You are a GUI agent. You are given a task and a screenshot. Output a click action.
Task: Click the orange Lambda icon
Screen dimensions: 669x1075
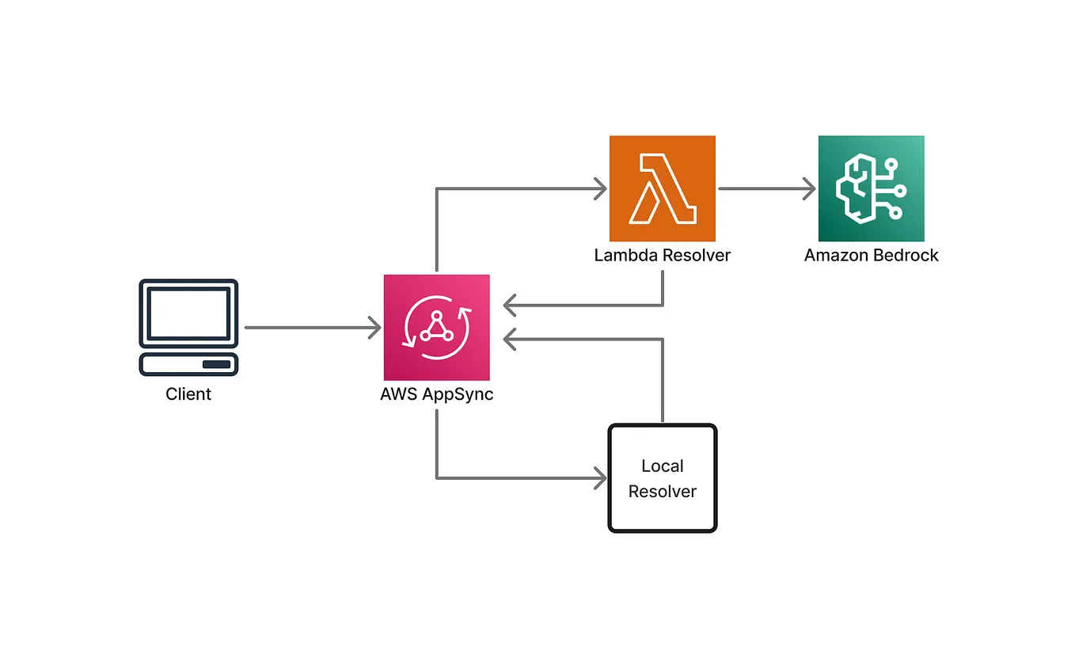click(662, 188)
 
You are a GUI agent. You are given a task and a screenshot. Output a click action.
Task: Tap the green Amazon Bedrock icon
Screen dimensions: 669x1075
click(871, 188)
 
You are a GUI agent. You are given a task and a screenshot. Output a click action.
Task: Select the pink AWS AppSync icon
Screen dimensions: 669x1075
click(436, 327)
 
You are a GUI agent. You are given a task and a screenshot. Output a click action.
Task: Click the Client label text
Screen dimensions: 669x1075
click(188, 393)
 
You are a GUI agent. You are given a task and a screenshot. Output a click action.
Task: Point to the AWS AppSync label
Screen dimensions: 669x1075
click(436, 394)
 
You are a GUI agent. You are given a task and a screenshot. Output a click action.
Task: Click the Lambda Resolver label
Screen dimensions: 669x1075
click(662, 256)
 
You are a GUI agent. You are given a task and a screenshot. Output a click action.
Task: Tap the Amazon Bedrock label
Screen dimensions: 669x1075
click(871, 256)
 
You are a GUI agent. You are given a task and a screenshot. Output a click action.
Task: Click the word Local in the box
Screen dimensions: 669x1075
click(662, 466)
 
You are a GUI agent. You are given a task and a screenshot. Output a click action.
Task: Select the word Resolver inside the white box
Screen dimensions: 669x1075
click(662, 492)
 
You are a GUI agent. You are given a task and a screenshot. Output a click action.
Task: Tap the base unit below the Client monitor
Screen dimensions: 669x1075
click(189, 364)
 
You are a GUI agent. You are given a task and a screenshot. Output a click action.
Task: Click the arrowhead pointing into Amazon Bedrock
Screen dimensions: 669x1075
click(810, 189)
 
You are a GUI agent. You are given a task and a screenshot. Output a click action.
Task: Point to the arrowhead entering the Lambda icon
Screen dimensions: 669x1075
click(601, 189)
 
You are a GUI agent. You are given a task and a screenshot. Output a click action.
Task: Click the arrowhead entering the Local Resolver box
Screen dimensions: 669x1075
click(601, 478)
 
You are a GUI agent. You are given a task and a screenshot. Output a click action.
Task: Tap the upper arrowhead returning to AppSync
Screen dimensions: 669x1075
click(510, 305)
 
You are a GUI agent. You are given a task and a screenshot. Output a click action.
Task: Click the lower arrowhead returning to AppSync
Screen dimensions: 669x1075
click(510, 339)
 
